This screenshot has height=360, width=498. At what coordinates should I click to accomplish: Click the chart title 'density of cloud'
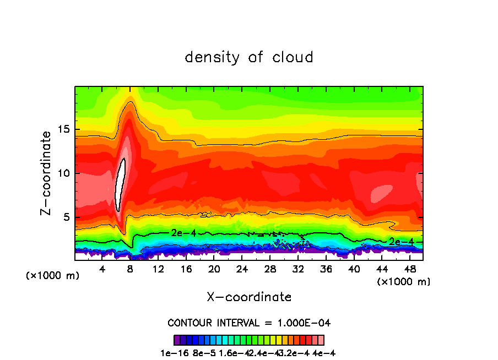[x=249, y=57]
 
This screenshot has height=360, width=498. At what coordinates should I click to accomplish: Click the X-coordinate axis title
[x=249, y=297]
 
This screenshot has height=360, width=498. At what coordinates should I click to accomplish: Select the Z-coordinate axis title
[x=47, y=173]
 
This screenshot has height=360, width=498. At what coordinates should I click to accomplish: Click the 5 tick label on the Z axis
[x=66, y=217]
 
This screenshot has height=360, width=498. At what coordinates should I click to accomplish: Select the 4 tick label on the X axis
[x=102, y=269]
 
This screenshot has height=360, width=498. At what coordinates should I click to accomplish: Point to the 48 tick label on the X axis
[x=410, y=269]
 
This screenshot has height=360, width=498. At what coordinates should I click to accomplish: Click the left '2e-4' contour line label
[x=183, y=233]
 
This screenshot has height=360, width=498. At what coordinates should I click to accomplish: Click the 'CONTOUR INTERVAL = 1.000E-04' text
[x=249, y=323]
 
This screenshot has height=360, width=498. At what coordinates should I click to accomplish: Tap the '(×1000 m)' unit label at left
[x=53, y=276]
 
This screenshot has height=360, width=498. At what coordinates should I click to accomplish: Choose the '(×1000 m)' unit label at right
[x=404, y=282]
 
